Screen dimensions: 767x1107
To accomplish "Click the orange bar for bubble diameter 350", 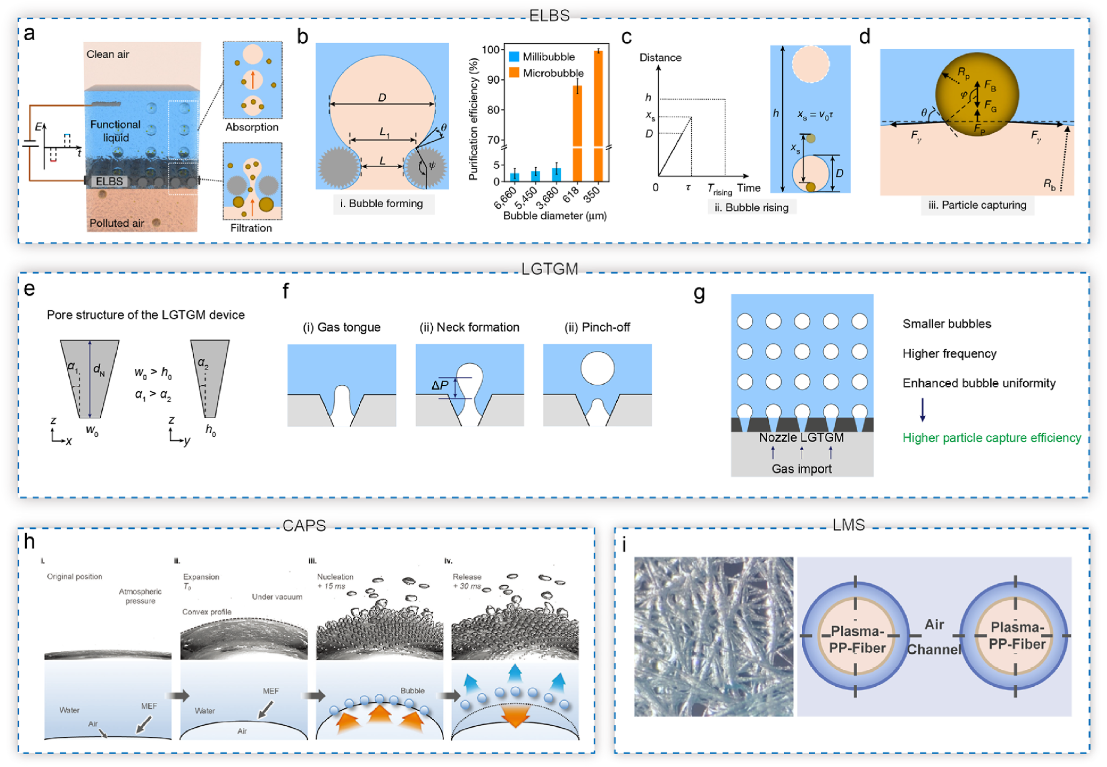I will point(598,113).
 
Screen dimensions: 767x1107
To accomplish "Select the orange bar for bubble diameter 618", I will point(578,134).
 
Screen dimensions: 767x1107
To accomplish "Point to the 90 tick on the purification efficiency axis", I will point(492,80).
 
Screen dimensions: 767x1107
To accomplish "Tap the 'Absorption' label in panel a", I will point(252,127).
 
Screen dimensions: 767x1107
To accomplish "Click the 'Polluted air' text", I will point(117,223).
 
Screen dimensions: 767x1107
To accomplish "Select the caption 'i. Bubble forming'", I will point(382,204).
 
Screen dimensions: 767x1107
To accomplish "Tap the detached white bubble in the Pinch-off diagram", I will point(597,368).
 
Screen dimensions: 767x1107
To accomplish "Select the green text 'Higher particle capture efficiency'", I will point(992,438).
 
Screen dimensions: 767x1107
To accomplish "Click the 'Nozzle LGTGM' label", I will point(801,438).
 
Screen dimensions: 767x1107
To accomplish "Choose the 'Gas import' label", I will point(801,469).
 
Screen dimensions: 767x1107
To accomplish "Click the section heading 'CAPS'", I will point(304,525).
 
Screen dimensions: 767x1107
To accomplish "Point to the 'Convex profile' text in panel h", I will point(207,612).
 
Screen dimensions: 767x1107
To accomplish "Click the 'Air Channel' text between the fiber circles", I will point(934,637).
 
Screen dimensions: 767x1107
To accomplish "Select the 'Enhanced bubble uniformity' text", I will point(979,383).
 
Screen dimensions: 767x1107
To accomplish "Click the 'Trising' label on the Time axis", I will point(719,190).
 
